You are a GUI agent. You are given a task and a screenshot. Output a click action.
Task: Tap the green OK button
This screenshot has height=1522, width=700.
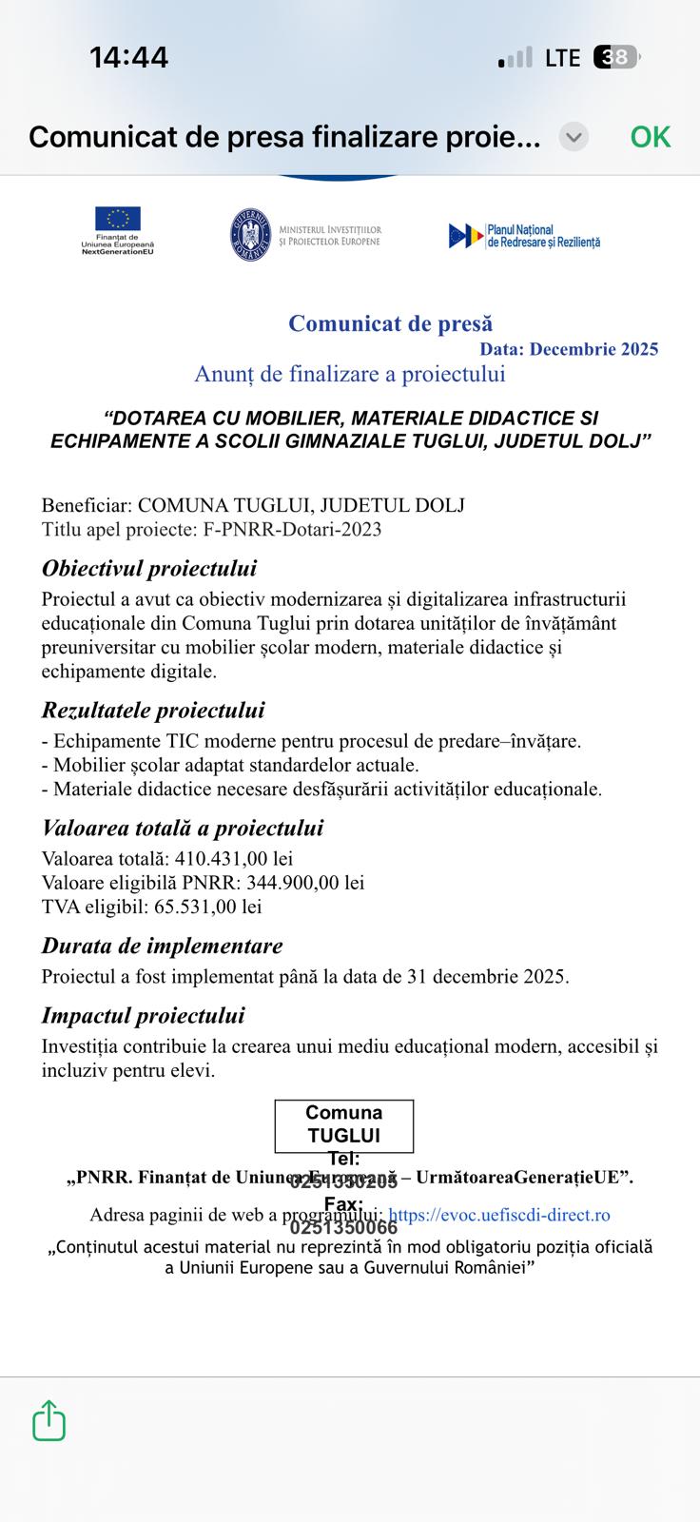coord(651,137)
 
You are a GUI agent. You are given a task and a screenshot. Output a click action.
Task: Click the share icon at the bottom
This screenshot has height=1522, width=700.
coord(49,1421)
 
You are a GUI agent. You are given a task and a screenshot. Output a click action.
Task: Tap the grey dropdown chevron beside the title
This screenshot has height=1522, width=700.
coord(574,137)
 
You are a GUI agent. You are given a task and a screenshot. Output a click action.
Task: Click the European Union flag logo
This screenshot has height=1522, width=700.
coord(118,220)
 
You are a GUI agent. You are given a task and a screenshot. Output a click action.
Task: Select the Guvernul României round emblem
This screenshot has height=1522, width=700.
coord(250,235)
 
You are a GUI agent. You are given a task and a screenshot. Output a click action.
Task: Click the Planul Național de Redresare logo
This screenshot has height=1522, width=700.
coord(524,236)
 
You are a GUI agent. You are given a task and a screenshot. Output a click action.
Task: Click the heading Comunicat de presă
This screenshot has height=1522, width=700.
coord(390,323)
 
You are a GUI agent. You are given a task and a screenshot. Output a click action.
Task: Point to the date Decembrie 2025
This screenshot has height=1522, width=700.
coord(593,349)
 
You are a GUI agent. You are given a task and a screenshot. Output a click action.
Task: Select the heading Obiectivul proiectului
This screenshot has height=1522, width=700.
coord(149,569)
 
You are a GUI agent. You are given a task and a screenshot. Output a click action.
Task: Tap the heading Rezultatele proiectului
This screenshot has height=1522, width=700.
coord(153,711)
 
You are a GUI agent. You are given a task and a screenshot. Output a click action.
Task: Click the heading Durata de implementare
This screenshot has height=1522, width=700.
coord(162,946)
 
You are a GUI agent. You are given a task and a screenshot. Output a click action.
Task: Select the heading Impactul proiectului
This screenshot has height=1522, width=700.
coord(143,1016)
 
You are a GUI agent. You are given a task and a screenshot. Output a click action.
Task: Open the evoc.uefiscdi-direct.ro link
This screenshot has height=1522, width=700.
coord(499,1215)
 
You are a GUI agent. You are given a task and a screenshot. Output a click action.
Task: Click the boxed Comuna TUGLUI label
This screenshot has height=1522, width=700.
coord(343,1124)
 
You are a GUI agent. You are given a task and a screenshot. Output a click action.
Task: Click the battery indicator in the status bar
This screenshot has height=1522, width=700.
coord(615,58)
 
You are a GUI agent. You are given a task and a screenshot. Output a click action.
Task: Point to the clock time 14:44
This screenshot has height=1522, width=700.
coord(128,58)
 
